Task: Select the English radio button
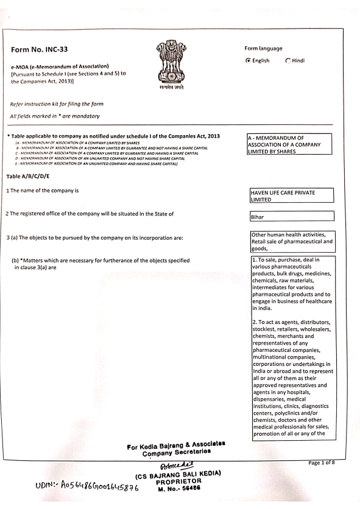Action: [x=247, y=60]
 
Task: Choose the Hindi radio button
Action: [x=288, y=60]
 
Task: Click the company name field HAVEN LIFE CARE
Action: [x=291, y=195]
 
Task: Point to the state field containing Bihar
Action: [x=291, y=216]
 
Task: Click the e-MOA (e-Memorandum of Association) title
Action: [x=60, y=66]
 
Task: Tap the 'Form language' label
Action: [x=263, y=49]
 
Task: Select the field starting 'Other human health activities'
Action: [x=292, y=242]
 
